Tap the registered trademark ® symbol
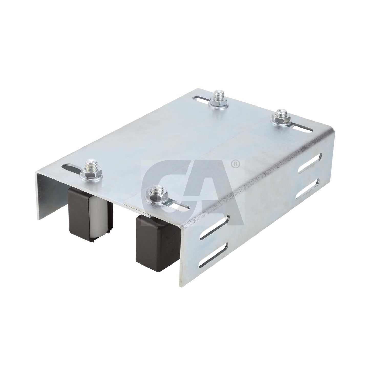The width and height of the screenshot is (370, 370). [236, 164]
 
